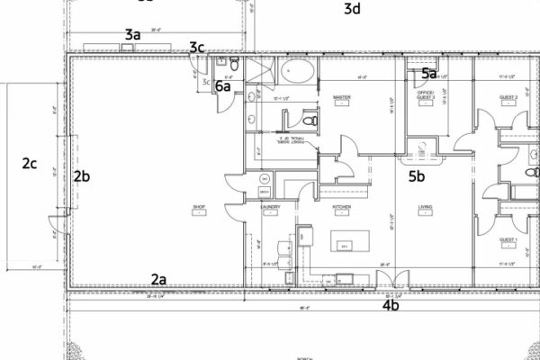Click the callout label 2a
click(158, 279)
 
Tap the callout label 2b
click(82, 176)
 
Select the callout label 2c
click(30, 164)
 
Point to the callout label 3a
click(132, 34)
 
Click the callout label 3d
click(352, 10)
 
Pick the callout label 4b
click(391, 306)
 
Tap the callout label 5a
click(429, 74)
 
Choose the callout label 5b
click(417, 176)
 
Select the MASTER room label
click(341, 96)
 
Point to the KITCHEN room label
click(341, 206)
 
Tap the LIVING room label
click(426, 206)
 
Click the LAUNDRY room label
click(271, 206)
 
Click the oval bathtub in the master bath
click(297, 71)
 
